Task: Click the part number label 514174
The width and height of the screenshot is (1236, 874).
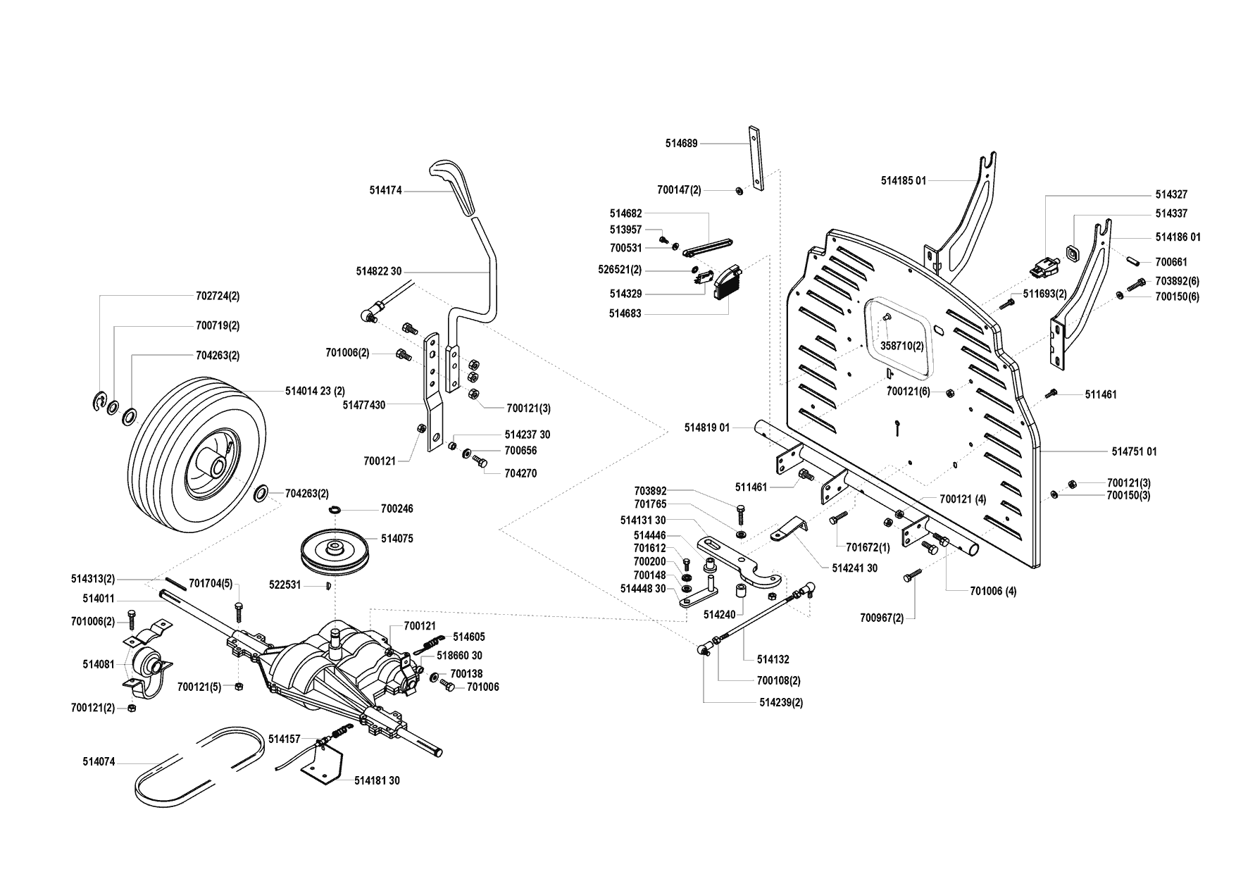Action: pyautogui.click(x=385, y=190)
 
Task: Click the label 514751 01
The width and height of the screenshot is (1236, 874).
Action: pyautogui.click(x=1134, y=451)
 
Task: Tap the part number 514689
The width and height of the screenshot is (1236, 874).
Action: pyautogui.click(x=681, y=144)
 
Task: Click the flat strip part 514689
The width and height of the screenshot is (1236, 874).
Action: pyautogui.click(x=756, y=159)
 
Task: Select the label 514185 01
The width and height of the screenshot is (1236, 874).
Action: pyautogui.click(x=903, y=181)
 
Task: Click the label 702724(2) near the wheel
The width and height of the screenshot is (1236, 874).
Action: pyautogui.click(x=216, y=296)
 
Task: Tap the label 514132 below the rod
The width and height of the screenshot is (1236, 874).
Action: pyautogui.click(x=773, y=660)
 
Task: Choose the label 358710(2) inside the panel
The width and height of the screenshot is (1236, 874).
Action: pyautogui.click(x=902, y=347)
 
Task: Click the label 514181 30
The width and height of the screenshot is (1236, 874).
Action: pyautogui.click(x=377, y=781)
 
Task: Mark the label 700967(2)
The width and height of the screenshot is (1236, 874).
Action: pyautogui.click(x=881, y=618)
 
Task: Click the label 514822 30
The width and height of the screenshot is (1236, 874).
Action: pyautogui.click(x=378, y=271)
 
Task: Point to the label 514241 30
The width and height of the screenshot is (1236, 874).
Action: pyautogui.click(x=854, y=568)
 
